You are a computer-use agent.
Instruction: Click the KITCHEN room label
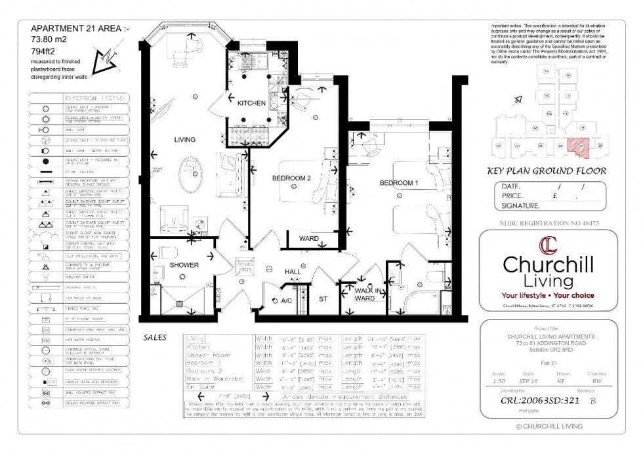[x=251, y=103]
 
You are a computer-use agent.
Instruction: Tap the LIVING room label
[x=185, y=139]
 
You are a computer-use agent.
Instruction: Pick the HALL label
[x=293, y=271]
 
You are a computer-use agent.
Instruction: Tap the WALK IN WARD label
[x=365, y=294]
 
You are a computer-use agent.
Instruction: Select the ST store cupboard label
[x=323, y=299]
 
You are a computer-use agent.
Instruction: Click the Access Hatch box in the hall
[x=244, y=266]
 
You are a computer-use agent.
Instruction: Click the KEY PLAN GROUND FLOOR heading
[x=546, y=171]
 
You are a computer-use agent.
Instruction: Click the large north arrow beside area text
[x=102, y=60]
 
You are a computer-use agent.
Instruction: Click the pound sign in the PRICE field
[x=555, y=196]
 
